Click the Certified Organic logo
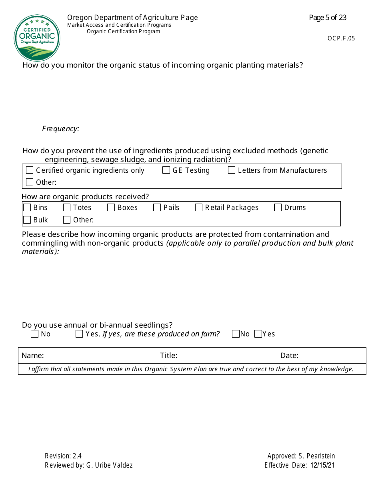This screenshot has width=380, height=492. pyautogui.click(x=37, y=38)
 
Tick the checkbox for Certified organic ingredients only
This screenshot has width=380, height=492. pyautogui.click(x=30, y=170)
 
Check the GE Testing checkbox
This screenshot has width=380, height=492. pyautogui.click(x=166, y=170)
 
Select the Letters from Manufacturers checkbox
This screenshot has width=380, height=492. pyautogui.click(x=232, y=170)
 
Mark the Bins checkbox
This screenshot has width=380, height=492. pyautogui.click(x=27, y=208)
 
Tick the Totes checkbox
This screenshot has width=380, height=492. pyautogui.click(x=67, y=208)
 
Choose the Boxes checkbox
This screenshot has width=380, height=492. pyautogui.click(x=111, y=208)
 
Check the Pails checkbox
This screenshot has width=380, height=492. pyautogui.click(x=157, y=208)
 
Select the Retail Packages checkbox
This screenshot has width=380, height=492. pyautogui.click(x=199, y=208)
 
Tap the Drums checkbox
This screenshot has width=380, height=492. pyautogui.click(x=278, y=208)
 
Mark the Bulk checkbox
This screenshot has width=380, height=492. pyautogui.click(x=27, y=220)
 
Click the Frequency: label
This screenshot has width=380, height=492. pyautogui.click(x=61, y=129)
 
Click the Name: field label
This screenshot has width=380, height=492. pyautogui.click(x=33, y=356)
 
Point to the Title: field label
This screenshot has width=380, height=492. pyautogui.click(x=168, y=356)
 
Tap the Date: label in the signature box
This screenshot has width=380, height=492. pyautogui.click(x=289, y=356)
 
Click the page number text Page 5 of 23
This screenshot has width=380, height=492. pyautogui.click(x=328, y=18)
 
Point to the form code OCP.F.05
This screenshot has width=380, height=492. pyautogui.click(x=341, y=38)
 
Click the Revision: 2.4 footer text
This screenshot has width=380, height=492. pyautogui.click(x=63, y=456)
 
